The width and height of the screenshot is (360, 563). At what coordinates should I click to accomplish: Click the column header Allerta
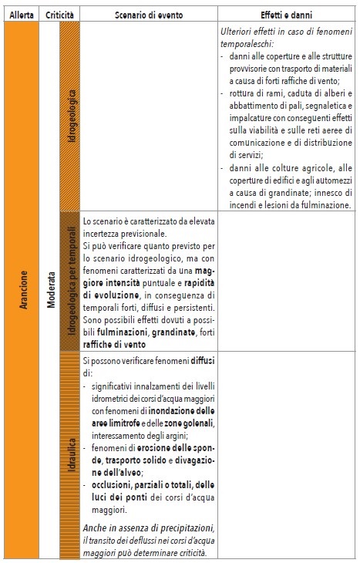click(x=20, y=15)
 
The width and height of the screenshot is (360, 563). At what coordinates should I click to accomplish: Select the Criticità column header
click(x=59, y=15)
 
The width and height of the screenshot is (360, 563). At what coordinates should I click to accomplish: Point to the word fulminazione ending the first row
click(x=327, y=204)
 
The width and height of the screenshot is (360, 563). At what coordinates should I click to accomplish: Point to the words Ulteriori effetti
click(x=245, y=35)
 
